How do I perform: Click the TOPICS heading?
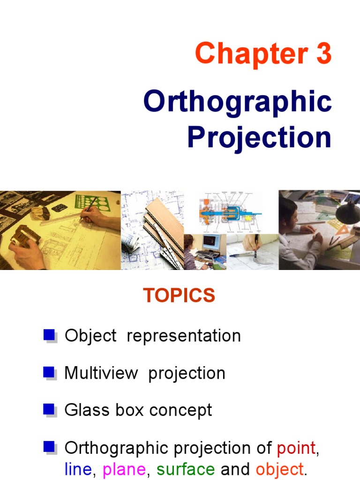(x=179, y=296)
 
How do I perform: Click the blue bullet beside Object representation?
(x=49, y=335)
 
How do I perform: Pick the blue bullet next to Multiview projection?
(x=49, y=372)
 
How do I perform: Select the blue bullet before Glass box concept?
(x=49, y=410)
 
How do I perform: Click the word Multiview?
(x=101, y=373)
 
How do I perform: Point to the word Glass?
(x=83, y=410)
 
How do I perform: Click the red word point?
(x=296, y=448)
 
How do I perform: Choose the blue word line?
(x=78, y=469)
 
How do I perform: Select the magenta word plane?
(x=124, y=469)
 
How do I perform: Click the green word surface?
(x=186, y=469)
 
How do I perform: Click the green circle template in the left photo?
(x=97, y=202)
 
